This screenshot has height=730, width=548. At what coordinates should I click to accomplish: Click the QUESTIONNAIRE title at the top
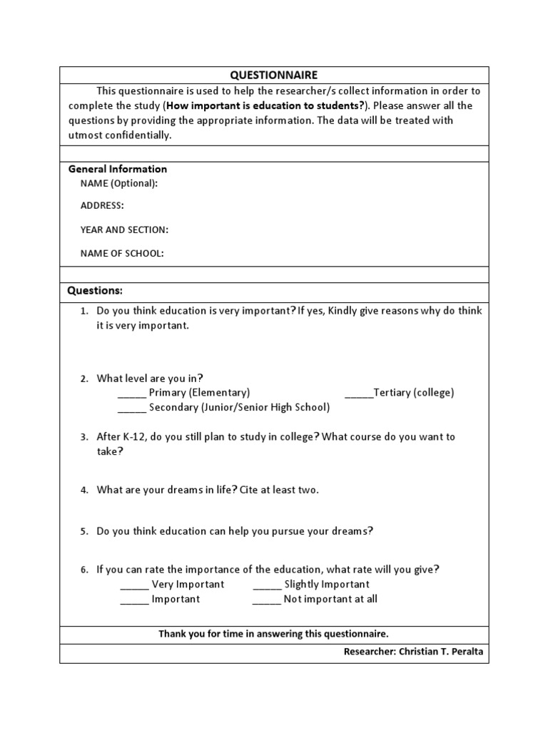point(273,75)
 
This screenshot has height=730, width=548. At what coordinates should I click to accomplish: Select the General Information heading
point(117,169)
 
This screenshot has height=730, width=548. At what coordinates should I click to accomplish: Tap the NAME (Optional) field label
point(119,183)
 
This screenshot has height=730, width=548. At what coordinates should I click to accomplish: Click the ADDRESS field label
point(102,206)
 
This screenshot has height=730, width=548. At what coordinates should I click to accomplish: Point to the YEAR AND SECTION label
point(124,230)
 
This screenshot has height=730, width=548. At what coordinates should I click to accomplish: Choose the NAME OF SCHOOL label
point(122,253)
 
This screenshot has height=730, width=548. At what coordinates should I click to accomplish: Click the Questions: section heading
point(95,291)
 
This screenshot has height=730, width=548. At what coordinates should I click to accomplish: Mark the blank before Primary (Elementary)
point(131,394)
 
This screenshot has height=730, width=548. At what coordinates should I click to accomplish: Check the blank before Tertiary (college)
point(358,394)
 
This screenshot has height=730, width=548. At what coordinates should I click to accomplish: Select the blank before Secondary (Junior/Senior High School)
point(131,408)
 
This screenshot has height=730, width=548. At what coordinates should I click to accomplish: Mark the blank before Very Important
point(134,585)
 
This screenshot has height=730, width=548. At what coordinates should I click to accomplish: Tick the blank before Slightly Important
point(267,585)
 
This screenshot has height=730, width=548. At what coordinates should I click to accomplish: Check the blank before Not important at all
point(267,600)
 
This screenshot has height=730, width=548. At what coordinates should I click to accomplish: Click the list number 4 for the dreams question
point(83,490)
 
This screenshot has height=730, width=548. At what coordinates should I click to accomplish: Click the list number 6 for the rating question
point(83,570)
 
